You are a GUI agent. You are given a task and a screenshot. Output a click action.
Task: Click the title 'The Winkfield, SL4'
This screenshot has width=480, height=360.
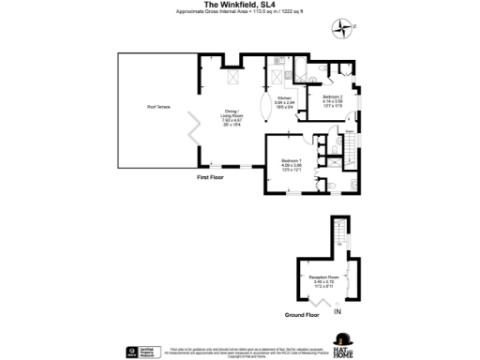point(239,5)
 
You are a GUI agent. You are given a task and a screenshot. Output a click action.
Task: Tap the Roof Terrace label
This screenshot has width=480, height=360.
point(157,107)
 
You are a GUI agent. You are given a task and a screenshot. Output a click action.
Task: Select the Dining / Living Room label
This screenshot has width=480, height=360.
point(230,117)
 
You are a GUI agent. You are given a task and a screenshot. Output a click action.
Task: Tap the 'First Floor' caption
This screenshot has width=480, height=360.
point(210,177)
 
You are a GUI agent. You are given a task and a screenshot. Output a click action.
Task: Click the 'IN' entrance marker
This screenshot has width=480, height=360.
point(338,311)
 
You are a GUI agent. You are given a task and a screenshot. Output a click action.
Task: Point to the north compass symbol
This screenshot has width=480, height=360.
point(349,26)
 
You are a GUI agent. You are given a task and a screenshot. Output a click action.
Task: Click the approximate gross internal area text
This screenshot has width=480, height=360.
point(240,12)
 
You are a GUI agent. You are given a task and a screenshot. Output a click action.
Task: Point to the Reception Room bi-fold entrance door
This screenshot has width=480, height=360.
point(322,302)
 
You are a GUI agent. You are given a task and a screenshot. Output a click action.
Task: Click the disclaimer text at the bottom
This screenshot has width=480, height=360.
point(240,352)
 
